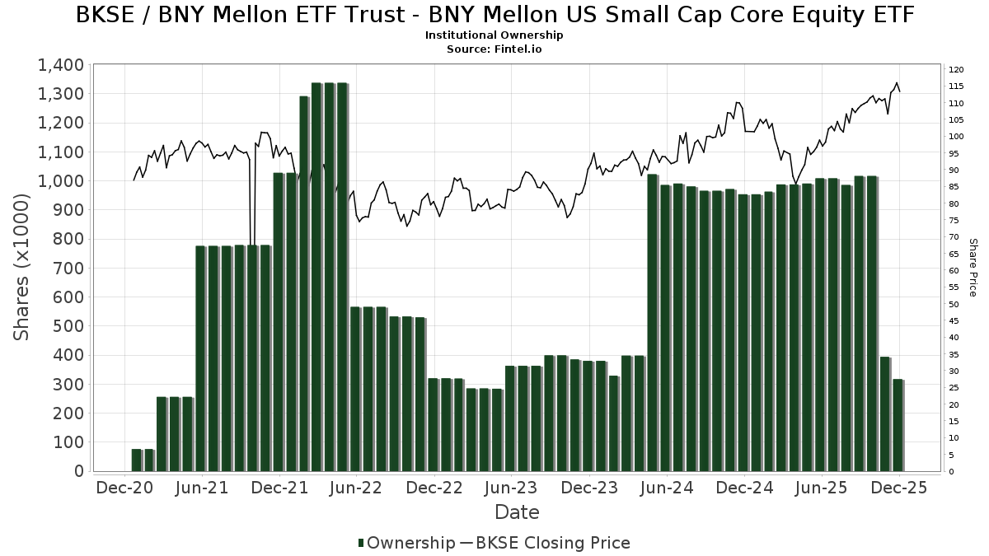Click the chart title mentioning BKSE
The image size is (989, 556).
coord(494,15)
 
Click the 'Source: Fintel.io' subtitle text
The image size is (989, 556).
coord(494,49)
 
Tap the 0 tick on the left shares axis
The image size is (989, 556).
coord(79,471)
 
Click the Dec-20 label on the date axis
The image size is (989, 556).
coord(125,488)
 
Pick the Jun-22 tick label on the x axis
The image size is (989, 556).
coord(356,488)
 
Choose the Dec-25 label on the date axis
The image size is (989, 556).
coord(899,488)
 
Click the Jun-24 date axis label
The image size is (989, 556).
coord(666,488)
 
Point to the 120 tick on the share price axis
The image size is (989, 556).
coord(956,69)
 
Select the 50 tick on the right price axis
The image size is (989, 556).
coord(954,304)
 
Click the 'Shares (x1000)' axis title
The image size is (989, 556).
coord(21,268)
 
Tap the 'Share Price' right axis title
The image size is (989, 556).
coord(973,268)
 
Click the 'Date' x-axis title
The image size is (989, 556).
coord(517,512)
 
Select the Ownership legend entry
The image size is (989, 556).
coord(406,543)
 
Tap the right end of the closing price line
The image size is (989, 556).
coord(899,91)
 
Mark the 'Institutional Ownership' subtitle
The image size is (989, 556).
coord(494,35)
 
